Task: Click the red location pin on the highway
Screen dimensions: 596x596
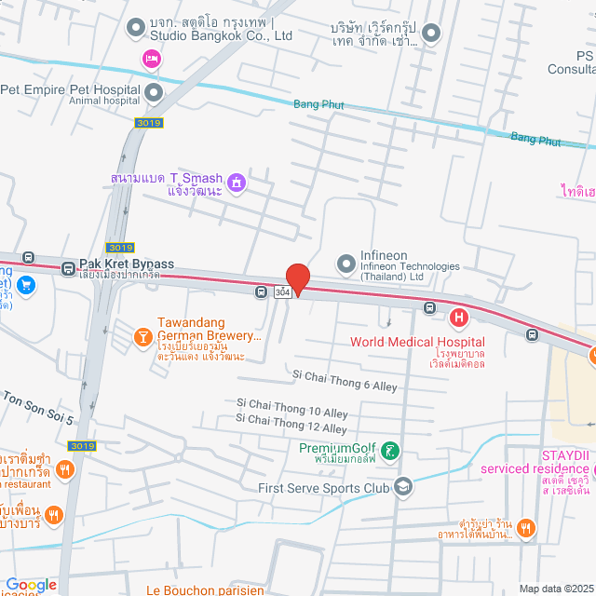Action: [x=297, y=278]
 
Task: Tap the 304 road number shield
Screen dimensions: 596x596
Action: [x=283, y=292]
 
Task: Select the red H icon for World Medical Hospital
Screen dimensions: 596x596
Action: [x=458, y=318]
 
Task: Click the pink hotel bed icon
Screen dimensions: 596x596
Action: [x=150, y=60]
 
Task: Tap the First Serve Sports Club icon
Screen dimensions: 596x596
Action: [x=402, y=485]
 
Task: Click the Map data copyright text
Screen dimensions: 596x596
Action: [x=555, y=588]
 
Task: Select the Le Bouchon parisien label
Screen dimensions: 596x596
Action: [x=204, y=589]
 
